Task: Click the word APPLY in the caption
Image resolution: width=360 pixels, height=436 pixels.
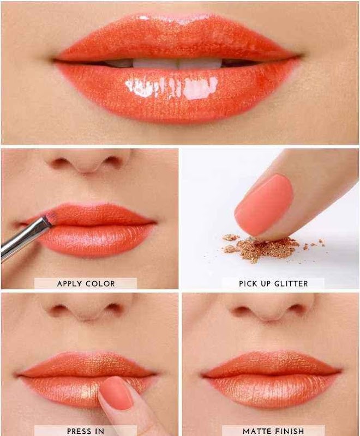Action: [70, 283]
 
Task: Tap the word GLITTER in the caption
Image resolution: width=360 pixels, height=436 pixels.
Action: [291, 283]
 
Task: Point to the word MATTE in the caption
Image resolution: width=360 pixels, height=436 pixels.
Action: [255, 431]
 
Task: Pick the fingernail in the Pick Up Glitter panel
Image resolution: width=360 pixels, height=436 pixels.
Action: [264, 204]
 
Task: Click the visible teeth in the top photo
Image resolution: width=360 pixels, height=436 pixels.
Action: [177, 63]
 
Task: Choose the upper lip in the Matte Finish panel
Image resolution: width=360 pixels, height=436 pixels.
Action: [271, 363]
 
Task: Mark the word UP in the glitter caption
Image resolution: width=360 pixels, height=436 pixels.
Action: [265, 283]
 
